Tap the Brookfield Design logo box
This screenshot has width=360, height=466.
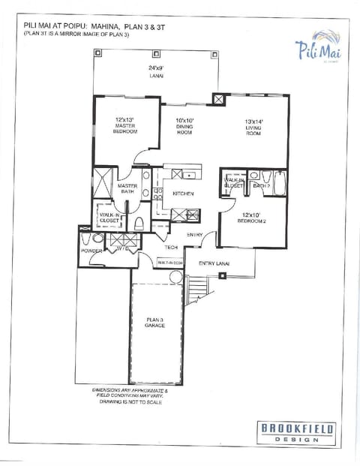tap(297, 433)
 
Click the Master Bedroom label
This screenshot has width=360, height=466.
tap(125, 125)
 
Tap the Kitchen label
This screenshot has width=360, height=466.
tap(184, 194)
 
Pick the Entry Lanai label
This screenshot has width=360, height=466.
tap(214, 263)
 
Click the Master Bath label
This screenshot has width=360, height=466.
tap(127, 188)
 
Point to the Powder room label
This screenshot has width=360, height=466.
tap(91, 251)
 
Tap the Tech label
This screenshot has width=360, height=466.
tap(170, 247)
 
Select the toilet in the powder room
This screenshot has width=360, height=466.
tap(88, 240)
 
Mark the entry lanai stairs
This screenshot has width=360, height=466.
tap(196, 286)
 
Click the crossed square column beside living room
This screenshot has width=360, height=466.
tap(218, 98)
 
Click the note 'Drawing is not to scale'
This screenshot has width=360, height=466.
tap(131, 402)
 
